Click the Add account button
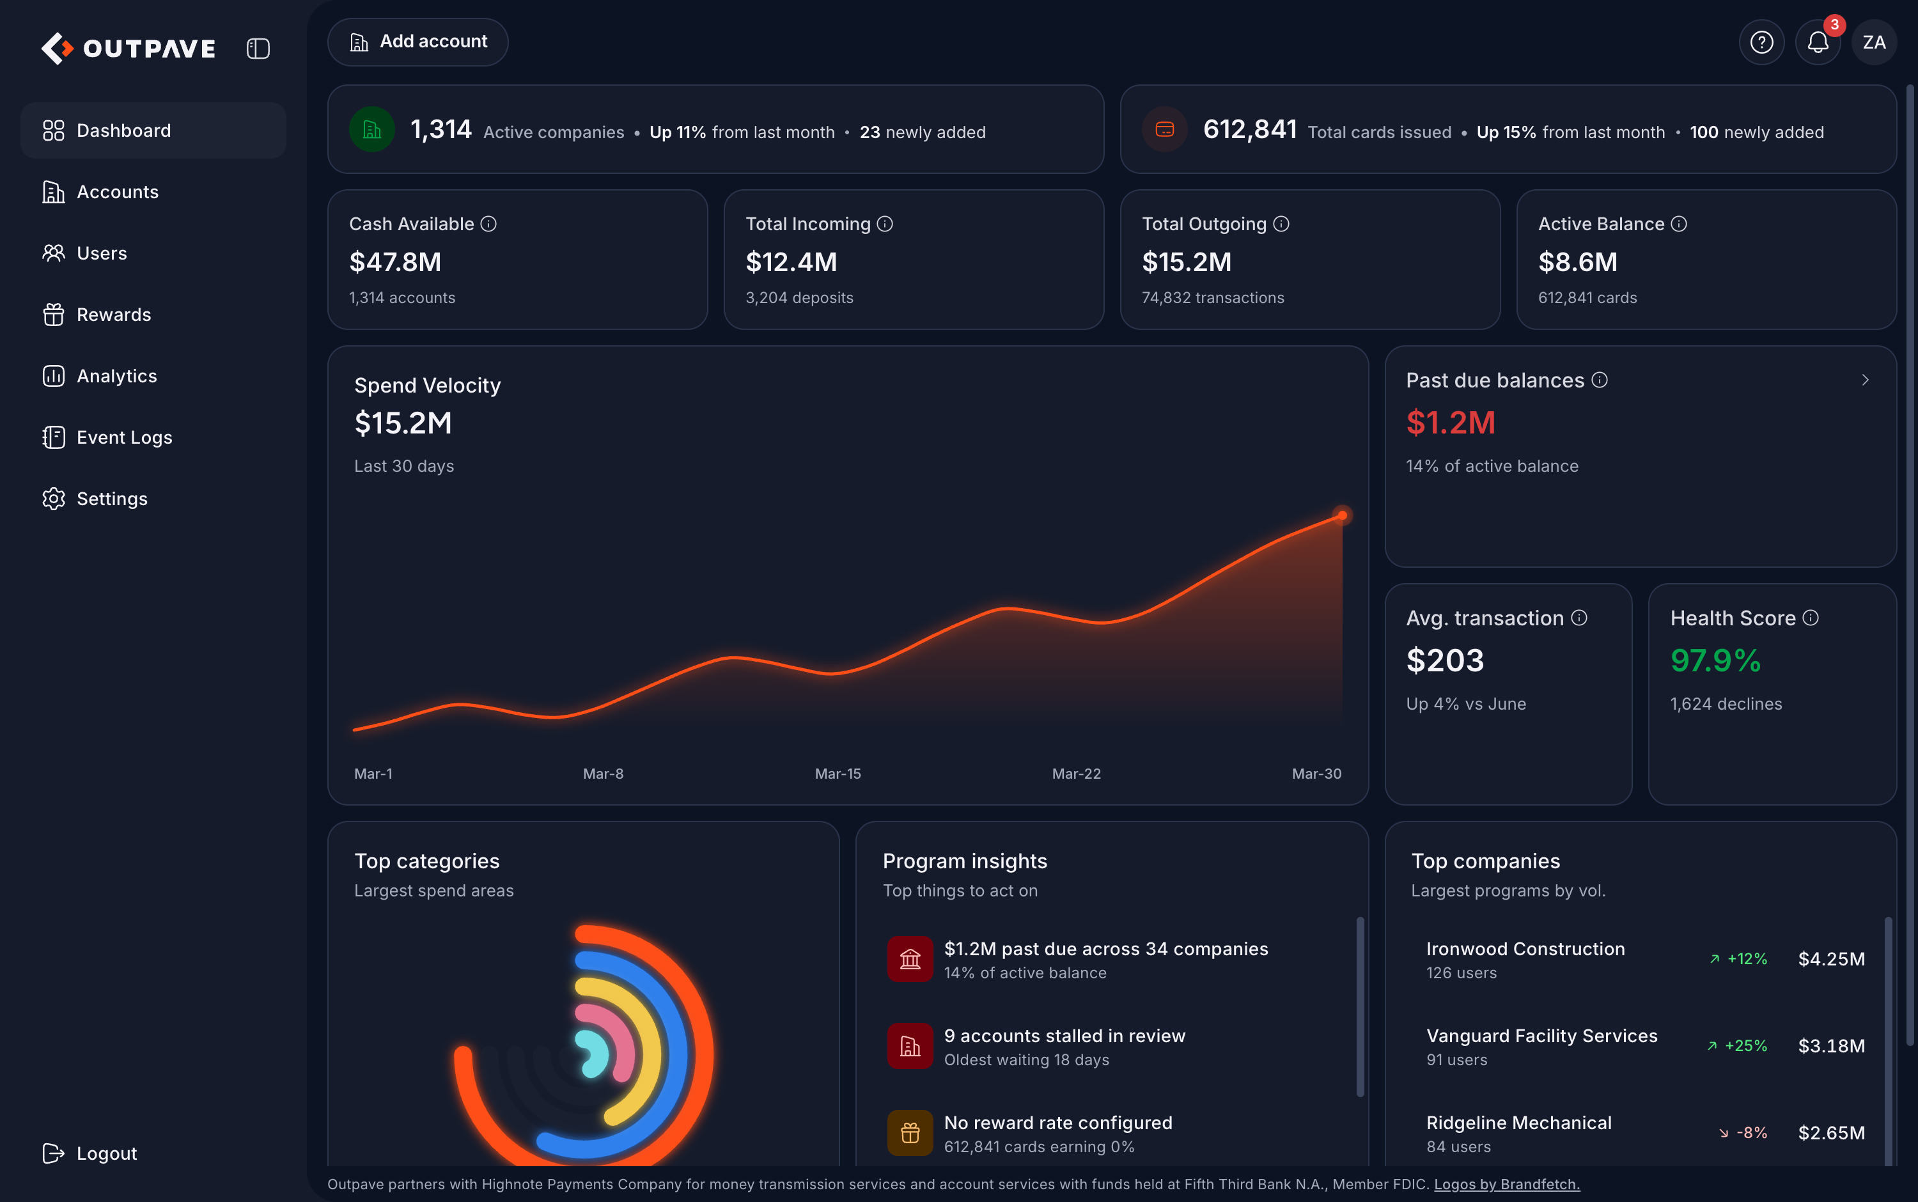417,42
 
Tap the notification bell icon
1818,42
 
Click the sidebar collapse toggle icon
258,49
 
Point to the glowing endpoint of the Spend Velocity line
1342,515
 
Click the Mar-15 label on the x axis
838,774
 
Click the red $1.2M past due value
1451,423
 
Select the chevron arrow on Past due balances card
1865,380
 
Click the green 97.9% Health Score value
1715,660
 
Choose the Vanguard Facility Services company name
1541,1036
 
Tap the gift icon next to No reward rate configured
910,1133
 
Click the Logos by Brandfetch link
1506,1185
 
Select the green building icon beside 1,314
372,130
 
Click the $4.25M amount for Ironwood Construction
1831,959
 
